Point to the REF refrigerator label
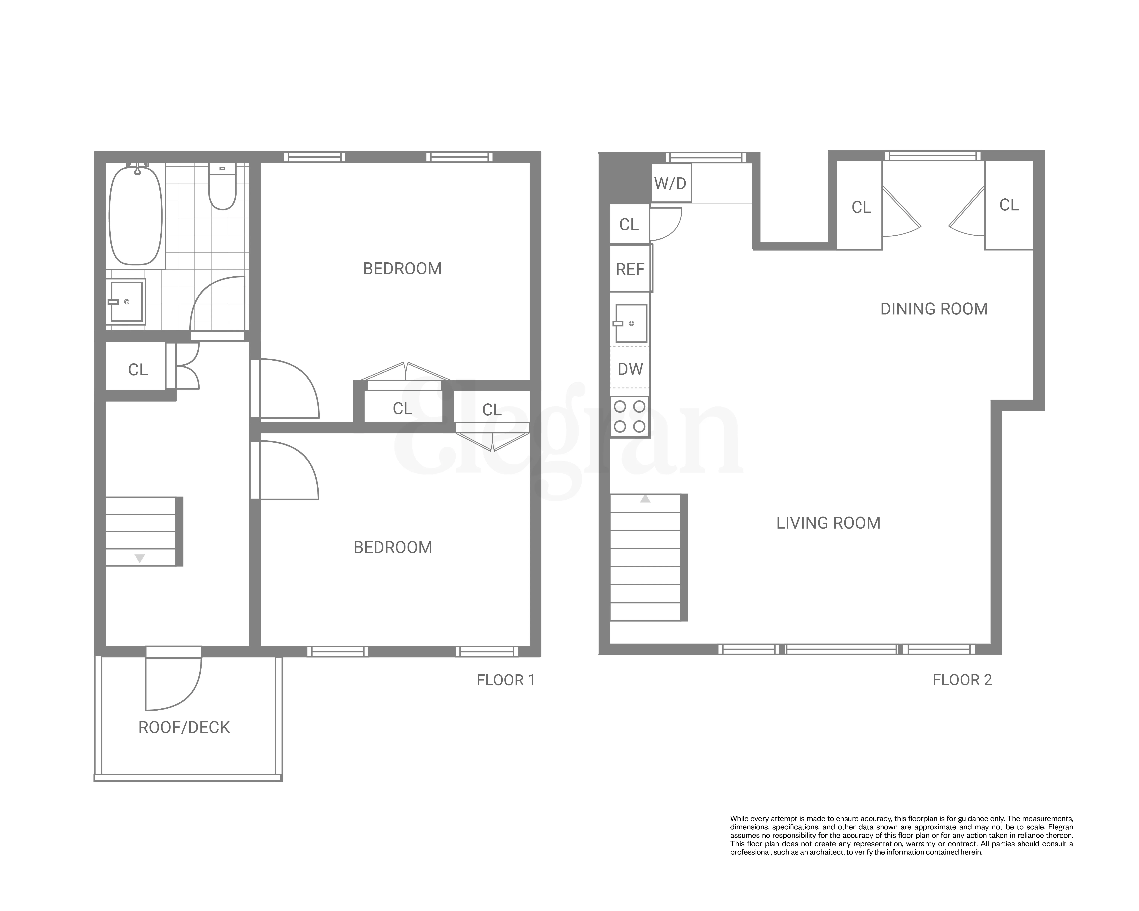tap(630, 269)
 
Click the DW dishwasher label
tap(630, 369)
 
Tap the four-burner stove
tap(630, 416)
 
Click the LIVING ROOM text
tap(828, 523)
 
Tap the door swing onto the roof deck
tap(174, 684)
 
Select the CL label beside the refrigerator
tap(629, 224)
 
